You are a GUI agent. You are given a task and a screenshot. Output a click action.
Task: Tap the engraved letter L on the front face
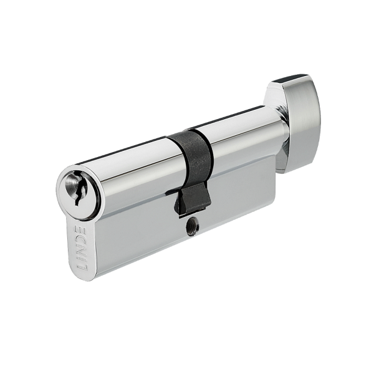[x=82, y=266]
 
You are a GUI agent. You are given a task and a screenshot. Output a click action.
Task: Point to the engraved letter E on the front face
[x=81, y=229]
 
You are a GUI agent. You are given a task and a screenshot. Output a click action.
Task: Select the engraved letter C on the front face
[x=81, y=238]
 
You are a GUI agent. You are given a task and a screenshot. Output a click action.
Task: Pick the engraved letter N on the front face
[x=82, y=248]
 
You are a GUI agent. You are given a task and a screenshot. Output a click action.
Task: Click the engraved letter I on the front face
[x=82, y=256]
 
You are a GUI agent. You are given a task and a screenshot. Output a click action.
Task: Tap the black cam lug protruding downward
[x=193, y=200]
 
